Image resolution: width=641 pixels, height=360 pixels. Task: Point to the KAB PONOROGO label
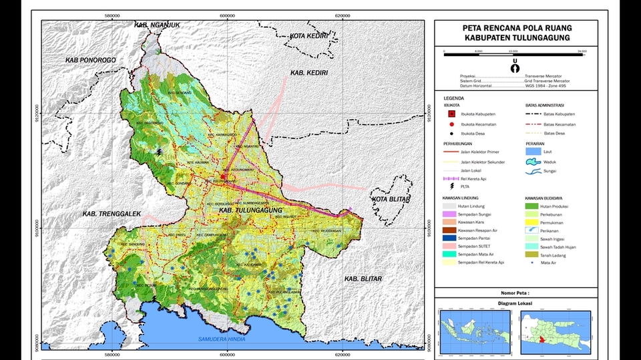pos(91,60)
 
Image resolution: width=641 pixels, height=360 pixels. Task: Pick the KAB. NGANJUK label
pos(158,25)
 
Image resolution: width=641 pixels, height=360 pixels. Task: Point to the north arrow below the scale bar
pos(515,66)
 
